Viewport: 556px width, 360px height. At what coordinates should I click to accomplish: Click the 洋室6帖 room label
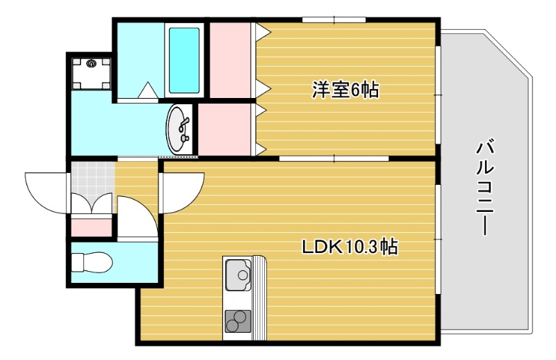345,90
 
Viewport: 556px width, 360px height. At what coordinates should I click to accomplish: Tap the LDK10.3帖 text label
349,246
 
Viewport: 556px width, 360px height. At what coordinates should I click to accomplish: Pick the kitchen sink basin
238,275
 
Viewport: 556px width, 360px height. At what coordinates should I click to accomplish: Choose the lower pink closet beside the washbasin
224,129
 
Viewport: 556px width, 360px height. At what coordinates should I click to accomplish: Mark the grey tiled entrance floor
91,177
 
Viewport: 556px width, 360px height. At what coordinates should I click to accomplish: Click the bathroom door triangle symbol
147,91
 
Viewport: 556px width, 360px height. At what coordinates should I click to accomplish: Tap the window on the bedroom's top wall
334,19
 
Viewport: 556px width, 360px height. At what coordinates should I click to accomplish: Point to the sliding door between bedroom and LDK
334,158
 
